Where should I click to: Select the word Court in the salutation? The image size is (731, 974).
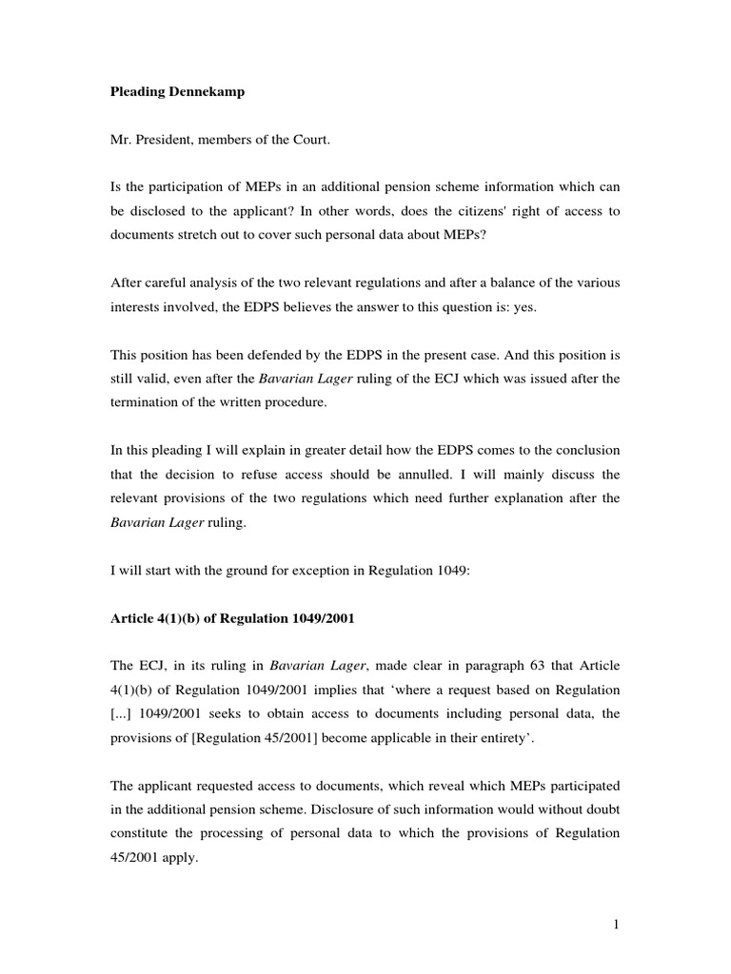303,142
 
